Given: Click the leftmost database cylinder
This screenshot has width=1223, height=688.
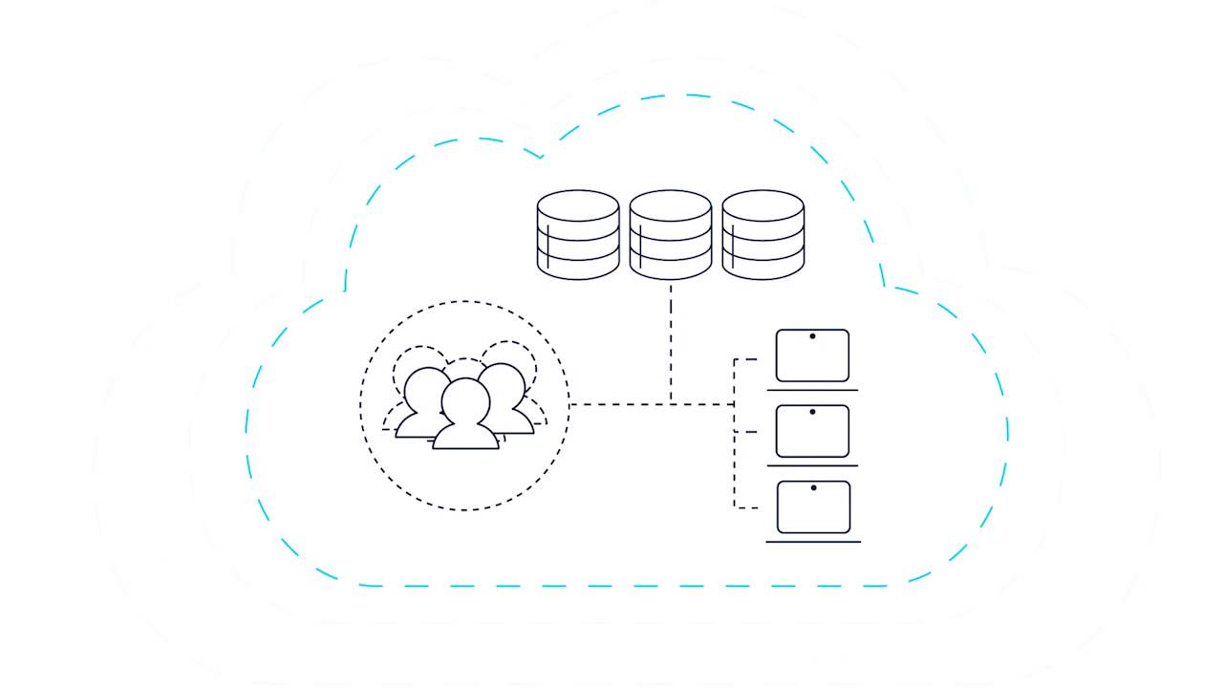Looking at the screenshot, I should pos(578,235).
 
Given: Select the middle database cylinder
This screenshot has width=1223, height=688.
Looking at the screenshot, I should pos(671,235).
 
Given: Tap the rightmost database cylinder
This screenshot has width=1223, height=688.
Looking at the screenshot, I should pos(762,235).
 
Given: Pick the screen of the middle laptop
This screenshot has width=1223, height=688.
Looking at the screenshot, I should pos(812,433).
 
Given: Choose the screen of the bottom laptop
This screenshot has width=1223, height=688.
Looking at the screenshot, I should pos(813,508).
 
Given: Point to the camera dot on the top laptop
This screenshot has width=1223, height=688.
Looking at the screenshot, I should pos(812,336).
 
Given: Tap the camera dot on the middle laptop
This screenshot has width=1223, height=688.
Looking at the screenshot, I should pos(812,412).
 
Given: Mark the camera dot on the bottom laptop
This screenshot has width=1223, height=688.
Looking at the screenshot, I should pos(813,487).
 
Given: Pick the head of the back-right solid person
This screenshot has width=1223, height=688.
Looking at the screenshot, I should pos(503,385).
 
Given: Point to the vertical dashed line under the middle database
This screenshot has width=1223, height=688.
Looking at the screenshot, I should pos(671,339).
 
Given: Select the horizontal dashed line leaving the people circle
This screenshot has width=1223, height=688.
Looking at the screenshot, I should pos(621,404).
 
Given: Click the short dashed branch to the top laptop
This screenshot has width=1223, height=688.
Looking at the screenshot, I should pos(745,359).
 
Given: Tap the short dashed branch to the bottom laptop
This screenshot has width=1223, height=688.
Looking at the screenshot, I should pos(745,505).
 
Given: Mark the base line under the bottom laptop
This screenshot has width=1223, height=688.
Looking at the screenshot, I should pos(813,542).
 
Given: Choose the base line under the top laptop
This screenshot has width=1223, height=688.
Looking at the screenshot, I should pos(812,390).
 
